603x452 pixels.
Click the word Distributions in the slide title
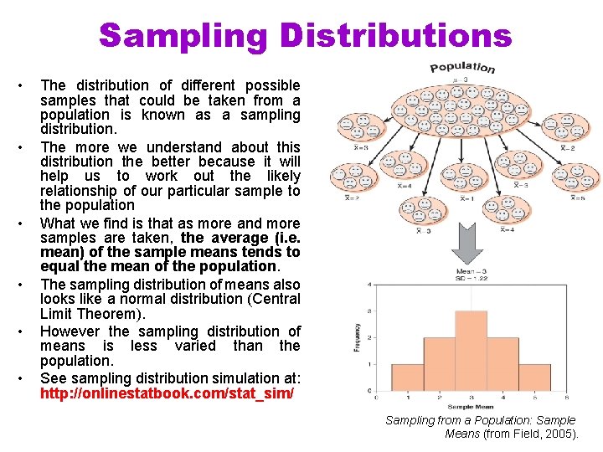tap(395, 36)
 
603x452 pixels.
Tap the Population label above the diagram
tap(462, 67)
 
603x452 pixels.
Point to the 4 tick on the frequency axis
tap(371, 285)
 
